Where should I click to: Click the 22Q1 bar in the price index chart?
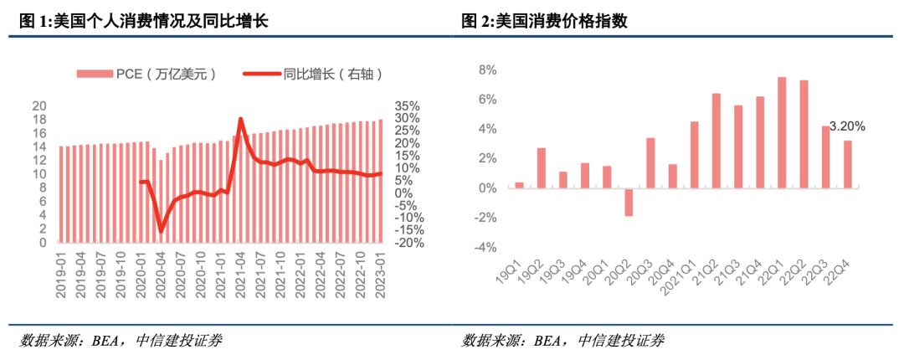(x=781, y=132)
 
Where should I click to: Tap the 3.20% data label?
(x=846, y=126)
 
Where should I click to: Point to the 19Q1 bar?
(x=519, y=185)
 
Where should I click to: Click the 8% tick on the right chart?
(x=487, y=70)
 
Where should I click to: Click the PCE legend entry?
(x=147, y=74)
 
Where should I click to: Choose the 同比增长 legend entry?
(x=314, y=74)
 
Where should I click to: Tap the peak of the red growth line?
(x=241, y=119)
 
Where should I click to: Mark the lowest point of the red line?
(x=162, y=231)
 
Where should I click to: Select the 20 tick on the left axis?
(x=39, y=105)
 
